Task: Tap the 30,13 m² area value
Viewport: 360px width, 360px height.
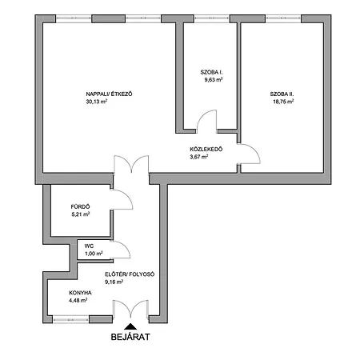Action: [97, 102]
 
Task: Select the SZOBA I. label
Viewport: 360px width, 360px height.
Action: [211, 73]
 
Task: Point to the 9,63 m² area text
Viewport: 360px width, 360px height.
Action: [211, 80]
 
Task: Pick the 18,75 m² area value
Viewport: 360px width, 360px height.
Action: [282, 102]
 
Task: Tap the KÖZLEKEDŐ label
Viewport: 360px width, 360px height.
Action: [206, 150]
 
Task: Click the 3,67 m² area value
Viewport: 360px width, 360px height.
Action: [198, 157]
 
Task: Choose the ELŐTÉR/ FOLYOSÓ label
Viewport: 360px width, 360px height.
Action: [129, 274]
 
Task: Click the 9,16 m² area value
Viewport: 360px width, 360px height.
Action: [114, 282]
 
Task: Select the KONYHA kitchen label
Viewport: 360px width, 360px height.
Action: [80, 294]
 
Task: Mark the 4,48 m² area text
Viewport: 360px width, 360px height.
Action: [78, 301]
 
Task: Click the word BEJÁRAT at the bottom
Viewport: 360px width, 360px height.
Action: [130, 337]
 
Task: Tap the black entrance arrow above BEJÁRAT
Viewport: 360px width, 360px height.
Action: [130, 325]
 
